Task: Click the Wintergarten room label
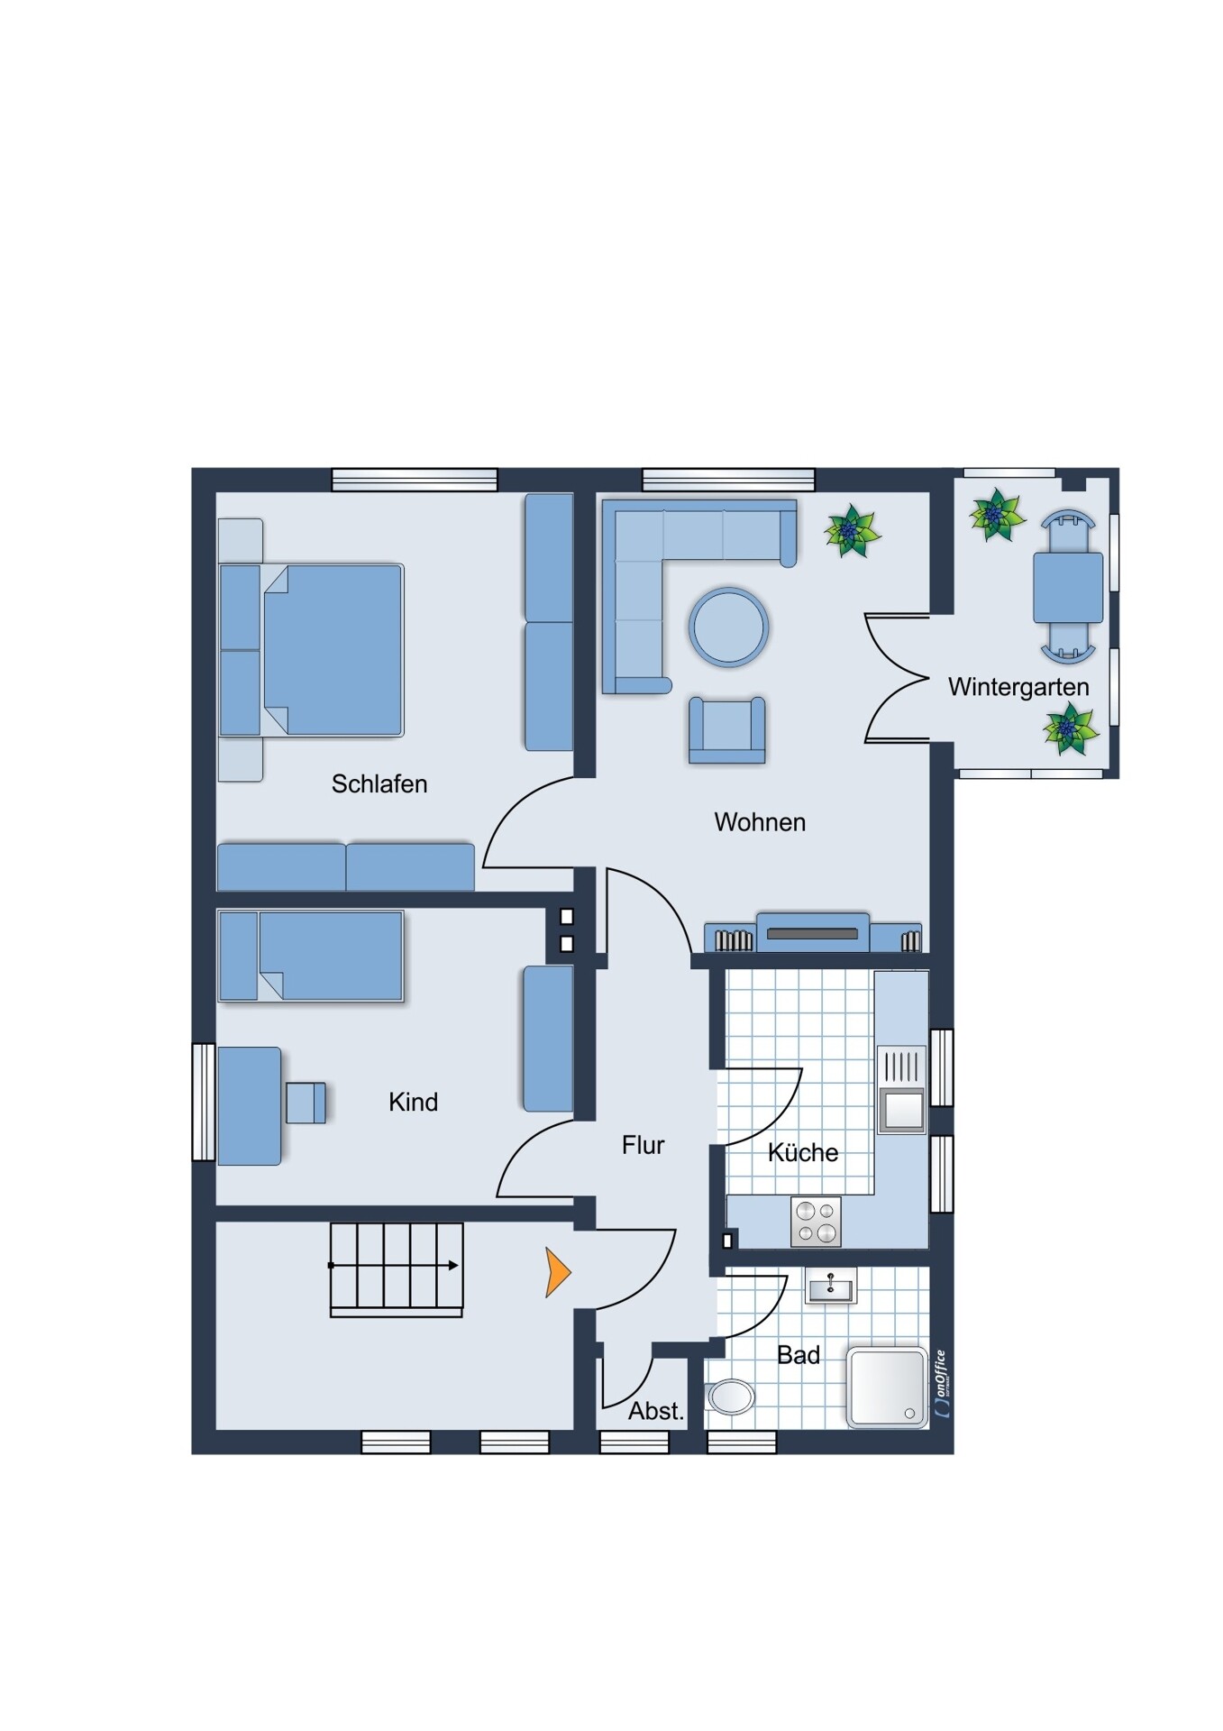pos(1018,688)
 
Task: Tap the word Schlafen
pos(379,784)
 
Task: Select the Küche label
pos(803,1153)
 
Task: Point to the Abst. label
pos(656,1412)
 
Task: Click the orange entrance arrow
pos(557,1272)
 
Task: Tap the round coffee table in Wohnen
pos(728,627)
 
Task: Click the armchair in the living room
pos(727,730)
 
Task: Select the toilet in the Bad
pos(730,1397)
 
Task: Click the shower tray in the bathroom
pos(887,1388)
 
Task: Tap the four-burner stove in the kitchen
pos(816,1222)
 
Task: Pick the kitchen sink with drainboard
pos(901,1089)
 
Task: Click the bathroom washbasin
pos(830,1286)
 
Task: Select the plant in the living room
pos(852,531)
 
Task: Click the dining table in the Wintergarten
pos(1068,588)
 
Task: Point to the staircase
pos(397,1269)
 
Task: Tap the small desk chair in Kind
pos(306,1103)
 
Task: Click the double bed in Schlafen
pos(311,650)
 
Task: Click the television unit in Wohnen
pos(813,932)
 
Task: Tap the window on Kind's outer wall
pos(204,1102)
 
